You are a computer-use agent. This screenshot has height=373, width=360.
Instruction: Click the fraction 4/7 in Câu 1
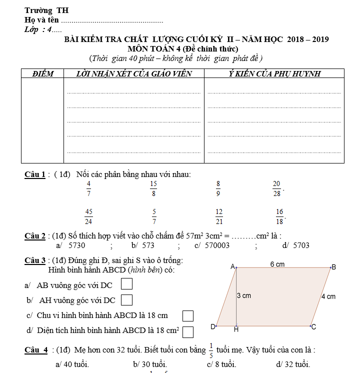(x=88, y=188)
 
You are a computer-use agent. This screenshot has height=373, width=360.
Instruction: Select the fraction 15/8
(x=153, y=188)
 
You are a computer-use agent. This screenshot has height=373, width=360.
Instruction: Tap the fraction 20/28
(x=276, y=188)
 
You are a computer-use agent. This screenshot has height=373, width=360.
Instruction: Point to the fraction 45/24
(x=88, y=216)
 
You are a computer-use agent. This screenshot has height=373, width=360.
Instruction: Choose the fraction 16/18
(x=279, y=216)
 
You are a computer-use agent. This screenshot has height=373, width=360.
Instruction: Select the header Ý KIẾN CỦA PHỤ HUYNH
(x=274, y=74)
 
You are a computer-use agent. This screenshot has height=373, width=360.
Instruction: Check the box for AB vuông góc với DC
(x=127, y=284)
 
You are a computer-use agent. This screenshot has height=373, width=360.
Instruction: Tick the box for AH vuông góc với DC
(x=127, y=300)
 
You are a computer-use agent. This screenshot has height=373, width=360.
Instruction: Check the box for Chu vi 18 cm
(x=188, y=315)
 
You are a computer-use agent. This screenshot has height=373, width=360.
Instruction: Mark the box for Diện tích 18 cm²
(x=188, y=331)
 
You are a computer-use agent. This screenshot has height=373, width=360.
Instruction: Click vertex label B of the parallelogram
(x=334, y=267)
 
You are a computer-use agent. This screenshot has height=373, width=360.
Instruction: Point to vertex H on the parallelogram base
(x=236, y=330)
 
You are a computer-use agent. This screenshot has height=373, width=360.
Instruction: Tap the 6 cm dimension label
(x=277, y=263)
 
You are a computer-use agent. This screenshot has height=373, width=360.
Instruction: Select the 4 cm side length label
(x=328, y=296)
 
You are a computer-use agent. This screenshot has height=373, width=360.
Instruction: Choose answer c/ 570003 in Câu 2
(x=212, y=245)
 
